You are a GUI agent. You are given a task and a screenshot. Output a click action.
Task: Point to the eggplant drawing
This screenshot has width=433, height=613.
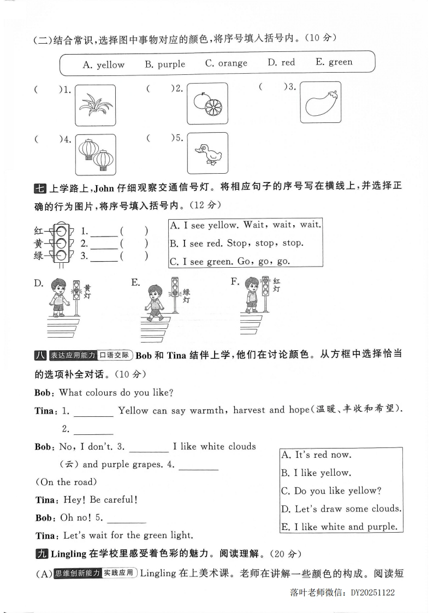click(x=320, y=102)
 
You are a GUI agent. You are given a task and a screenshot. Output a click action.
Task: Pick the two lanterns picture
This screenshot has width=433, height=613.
click(x=96, y=154)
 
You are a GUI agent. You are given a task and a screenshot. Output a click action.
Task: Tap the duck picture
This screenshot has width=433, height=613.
click(x=207, y=154)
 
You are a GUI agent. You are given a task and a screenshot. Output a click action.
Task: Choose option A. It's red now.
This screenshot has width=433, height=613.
click(x=316, y=455)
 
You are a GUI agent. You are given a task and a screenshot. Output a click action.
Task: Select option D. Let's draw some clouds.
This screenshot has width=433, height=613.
click(x=341, y=509)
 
